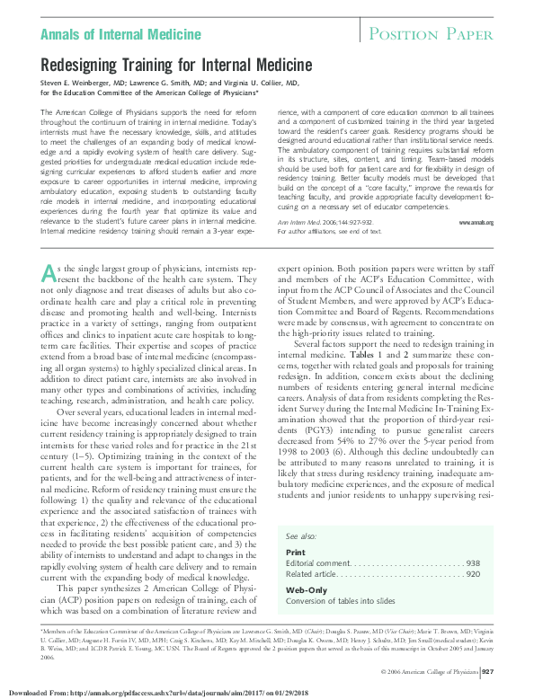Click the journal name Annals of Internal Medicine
pos(120,35)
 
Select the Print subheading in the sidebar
pos(295,552)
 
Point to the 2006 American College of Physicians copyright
pos(429,671)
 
